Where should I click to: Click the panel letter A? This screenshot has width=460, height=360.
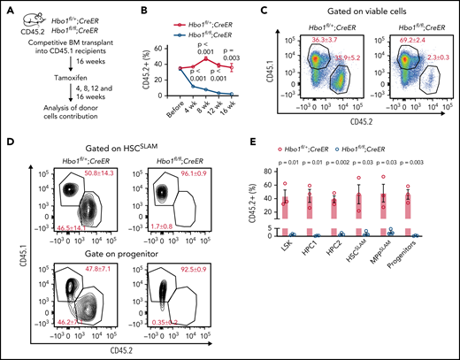(6, 7)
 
